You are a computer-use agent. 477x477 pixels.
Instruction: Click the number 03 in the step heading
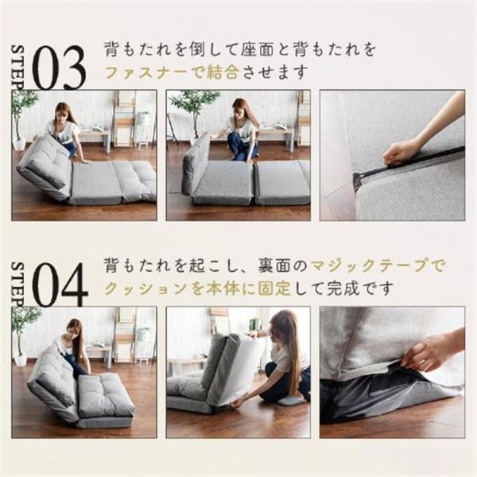coord(58,68)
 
